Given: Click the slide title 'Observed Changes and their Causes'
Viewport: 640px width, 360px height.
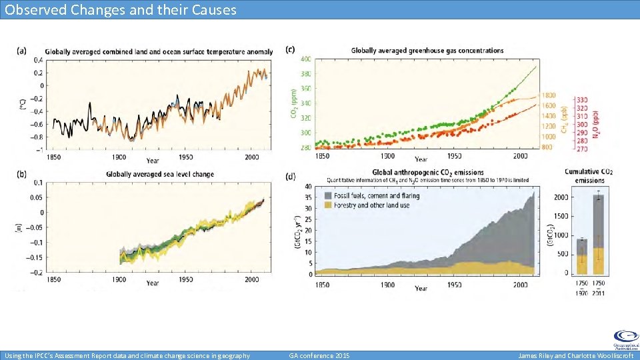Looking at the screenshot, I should click(120, 9).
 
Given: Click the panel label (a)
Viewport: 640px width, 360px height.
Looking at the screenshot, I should click(22, 50).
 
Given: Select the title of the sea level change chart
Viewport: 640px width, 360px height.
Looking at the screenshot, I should click(159, 175).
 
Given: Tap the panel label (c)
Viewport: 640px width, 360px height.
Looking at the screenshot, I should click(290, 49).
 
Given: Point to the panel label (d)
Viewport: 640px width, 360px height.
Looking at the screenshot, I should click(290, 176).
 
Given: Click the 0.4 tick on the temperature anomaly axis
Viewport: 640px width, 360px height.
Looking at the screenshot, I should click(39, 60).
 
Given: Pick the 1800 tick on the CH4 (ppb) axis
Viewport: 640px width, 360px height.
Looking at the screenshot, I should click(548, 95).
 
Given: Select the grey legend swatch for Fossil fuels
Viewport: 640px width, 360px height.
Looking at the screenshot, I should click(329, 196).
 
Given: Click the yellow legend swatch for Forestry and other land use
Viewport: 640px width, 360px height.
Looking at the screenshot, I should click(329, 205).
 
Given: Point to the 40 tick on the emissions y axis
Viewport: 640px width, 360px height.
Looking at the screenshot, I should click(308, 186).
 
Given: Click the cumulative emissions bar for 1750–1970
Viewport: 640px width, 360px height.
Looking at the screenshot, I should click(581, 257).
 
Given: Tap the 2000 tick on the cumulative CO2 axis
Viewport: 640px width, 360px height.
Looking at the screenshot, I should click(561, 197).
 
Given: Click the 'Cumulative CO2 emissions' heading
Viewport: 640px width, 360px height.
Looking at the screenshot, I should click(589, 175).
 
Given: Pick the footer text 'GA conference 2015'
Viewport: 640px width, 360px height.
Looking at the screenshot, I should click(319, 355).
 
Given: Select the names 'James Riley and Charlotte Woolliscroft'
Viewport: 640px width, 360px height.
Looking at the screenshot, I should click(576, 355).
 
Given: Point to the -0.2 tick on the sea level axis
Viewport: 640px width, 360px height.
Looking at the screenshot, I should click(37, 273).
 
